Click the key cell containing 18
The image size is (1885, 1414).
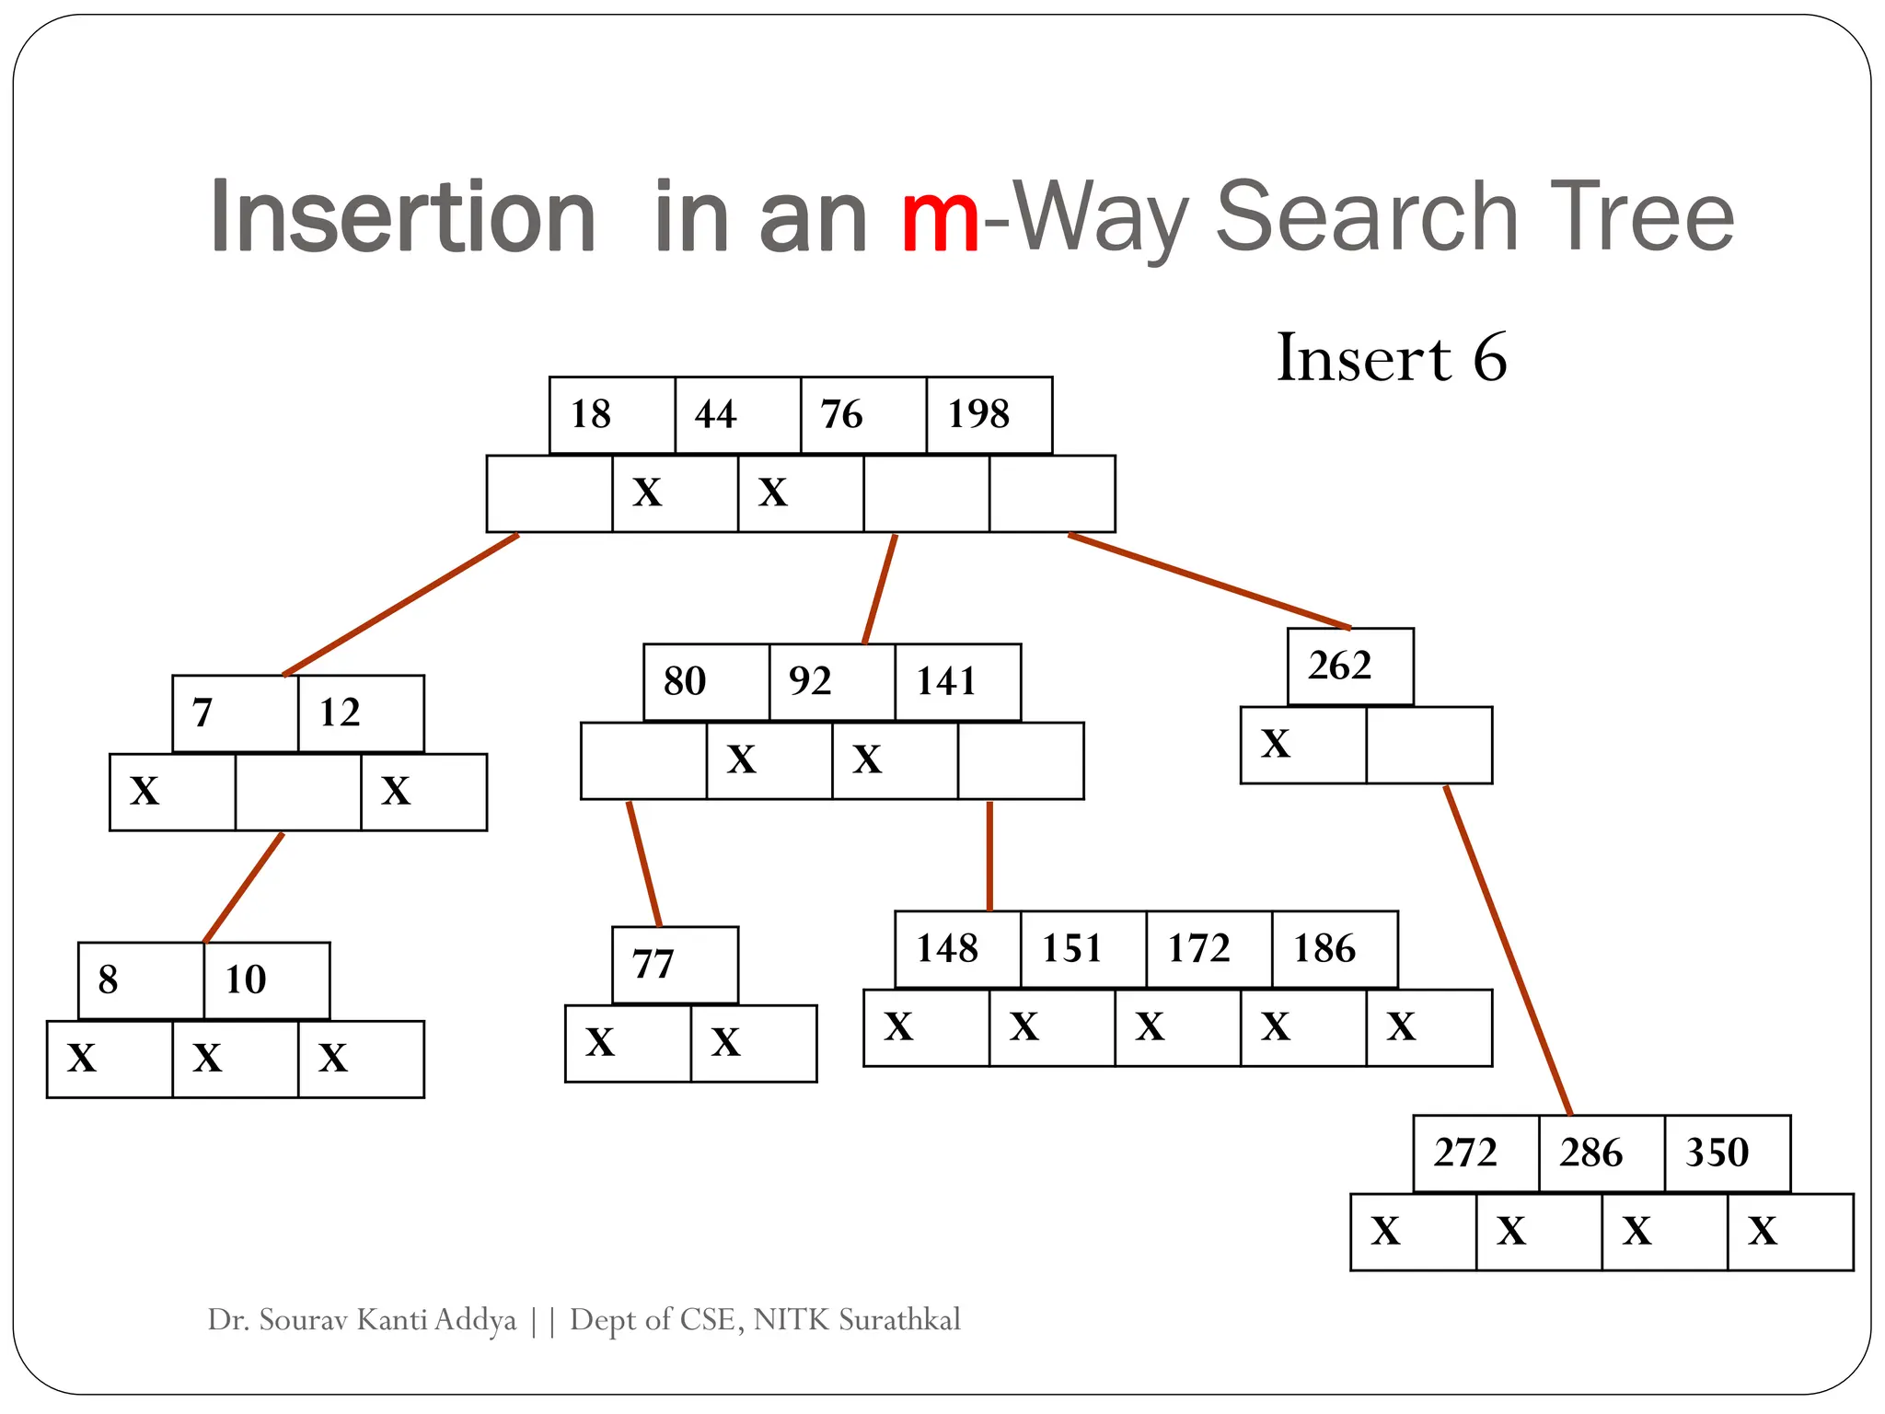[612, 415]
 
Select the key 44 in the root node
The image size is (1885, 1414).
[737, 415]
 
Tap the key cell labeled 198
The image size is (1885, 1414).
[989, 415]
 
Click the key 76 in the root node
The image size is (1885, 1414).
[863, 415]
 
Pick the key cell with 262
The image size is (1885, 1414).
[1350, 666]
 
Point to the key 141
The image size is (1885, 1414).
[957, 682]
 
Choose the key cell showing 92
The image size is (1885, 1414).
[831, 682]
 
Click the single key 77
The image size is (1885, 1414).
[675, 965]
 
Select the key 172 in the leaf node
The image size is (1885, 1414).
[1208, 949]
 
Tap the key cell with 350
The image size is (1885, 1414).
[1727, 1153]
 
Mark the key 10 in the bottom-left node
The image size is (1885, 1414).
[266, 980]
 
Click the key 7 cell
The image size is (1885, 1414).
[235, 713]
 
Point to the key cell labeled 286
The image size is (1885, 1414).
[1602, 1153]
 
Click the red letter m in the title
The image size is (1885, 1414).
[940, 219]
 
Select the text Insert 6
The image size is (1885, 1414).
[1392, 357]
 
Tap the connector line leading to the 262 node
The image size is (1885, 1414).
[1208, 581]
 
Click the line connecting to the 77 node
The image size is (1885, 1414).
[644, 863]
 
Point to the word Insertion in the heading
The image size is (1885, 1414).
[403, 217]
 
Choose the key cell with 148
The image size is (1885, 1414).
[957, 949]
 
